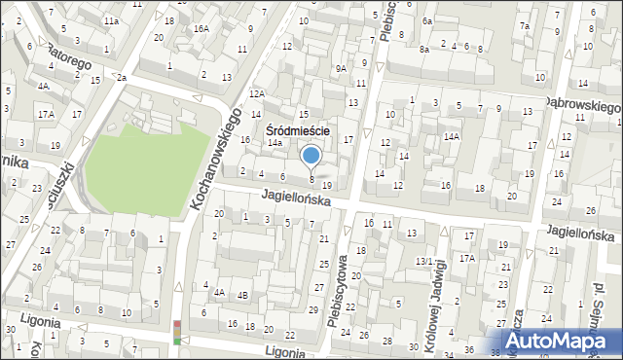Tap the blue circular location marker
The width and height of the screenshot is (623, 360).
(311, 156)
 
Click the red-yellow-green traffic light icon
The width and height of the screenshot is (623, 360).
(176, 332)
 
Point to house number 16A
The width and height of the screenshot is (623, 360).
(201, 29)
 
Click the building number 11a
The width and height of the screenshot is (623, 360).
(112, 20)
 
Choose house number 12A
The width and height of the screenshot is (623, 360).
(256, 93)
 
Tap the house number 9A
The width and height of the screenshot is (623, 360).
(340, 68)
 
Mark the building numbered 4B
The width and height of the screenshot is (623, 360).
(242, 294)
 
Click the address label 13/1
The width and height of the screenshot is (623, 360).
(423, 261)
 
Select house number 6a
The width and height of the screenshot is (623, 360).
(426, 20)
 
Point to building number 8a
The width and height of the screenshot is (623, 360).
(423, 49)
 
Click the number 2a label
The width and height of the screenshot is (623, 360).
(122, 77)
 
